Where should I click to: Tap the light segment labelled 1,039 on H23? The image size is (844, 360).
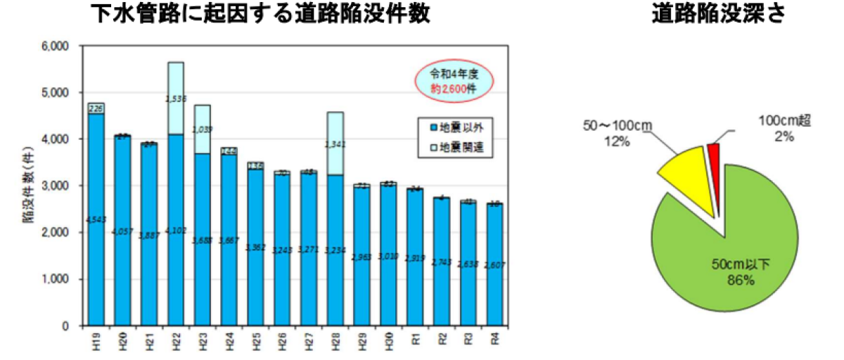pos(201,129)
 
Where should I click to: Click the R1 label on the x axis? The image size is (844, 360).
pos(415,339)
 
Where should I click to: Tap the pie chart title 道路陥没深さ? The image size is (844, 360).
pos(717,14)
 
